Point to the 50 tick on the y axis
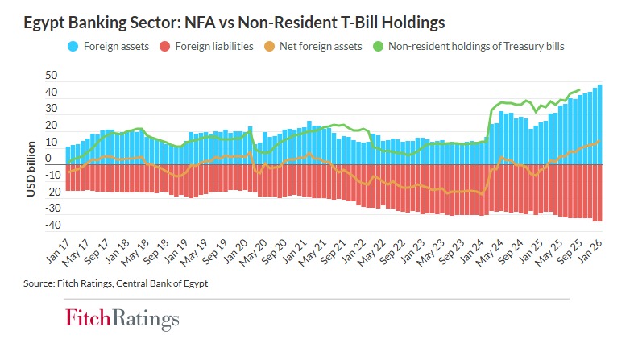pos(51,75)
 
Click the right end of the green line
pos(579,89)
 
